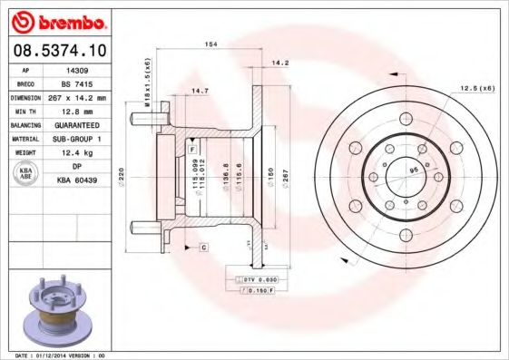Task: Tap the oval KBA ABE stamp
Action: click(x=25, y=174)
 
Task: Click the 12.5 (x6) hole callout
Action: click(x=476, y=88)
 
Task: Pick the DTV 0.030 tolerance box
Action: click(x=257, y=281)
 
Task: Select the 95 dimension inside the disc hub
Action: click(x=413, y=170)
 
